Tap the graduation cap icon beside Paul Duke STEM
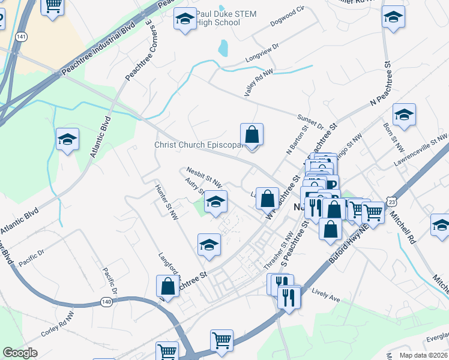(x=185, y=20)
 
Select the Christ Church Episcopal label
(x=197, y=145)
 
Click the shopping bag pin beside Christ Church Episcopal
(x=252, y=135)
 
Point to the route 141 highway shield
(x=22, y=37)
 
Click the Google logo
(x=20, y=353)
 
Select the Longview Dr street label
(x=262, y=54)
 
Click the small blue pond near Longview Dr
(x=224, y=48)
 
